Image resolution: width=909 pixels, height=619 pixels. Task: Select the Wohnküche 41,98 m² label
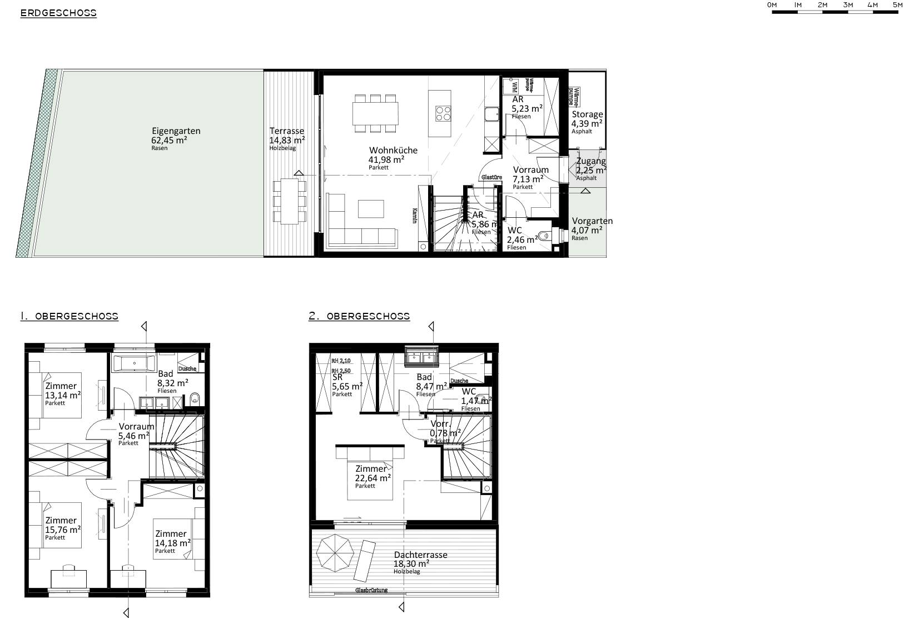(x=393, y=158)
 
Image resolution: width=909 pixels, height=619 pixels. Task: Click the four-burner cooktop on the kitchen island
(x=443, y=113)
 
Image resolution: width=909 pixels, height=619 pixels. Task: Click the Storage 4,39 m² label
(x=587, y=122)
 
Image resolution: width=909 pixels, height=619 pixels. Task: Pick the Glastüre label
(x=491, y=177)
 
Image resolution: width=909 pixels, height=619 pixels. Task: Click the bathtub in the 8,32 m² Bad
(x=135, y=365)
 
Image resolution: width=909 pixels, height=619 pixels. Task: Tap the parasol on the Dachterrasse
(x=335, y=552)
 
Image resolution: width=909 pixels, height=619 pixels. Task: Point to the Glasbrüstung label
(x=371, y=590)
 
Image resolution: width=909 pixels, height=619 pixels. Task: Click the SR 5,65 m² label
(x=346, y=384)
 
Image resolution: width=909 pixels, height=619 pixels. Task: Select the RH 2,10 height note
(x=341, y=360)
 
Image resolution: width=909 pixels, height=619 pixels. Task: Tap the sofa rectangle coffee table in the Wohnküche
(x=371, y=208)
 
